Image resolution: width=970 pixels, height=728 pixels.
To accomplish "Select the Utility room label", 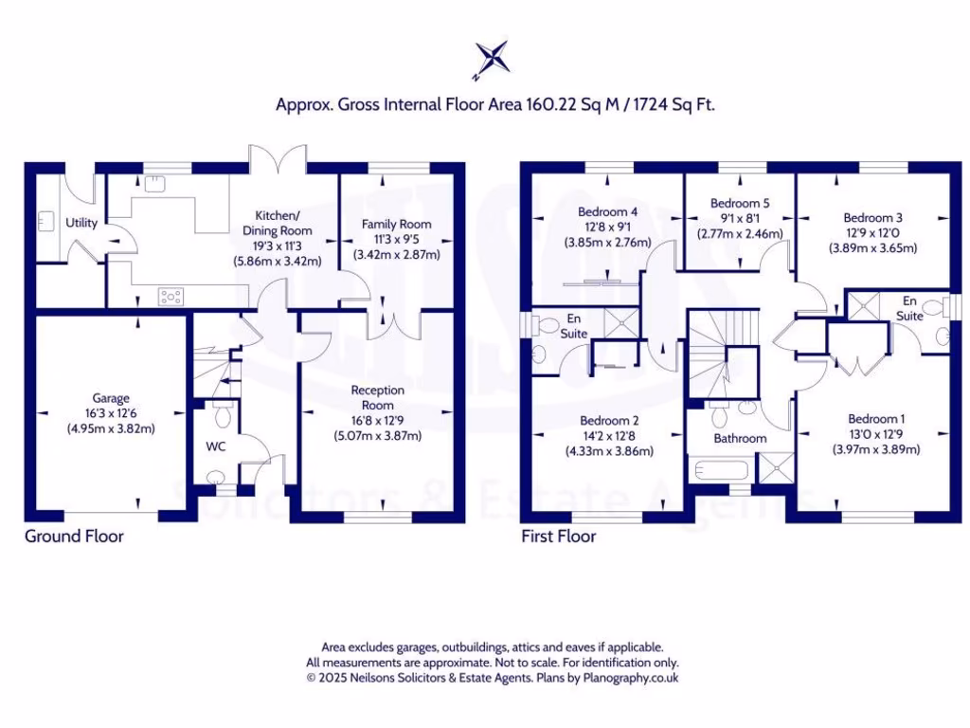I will point(81,223).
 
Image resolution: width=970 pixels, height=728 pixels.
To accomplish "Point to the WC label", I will point(215,446).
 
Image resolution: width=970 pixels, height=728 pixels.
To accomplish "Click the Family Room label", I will point(396,225).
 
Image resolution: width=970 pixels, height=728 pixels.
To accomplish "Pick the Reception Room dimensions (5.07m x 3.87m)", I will point(377,436).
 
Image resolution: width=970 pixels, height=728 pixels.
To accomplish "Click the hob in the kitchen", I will point(171,298).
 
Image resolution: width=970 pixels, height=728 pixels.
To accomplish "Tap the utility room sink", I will point(45,222).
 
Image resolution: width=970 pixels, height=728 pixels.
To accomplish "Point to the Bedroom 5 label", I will point(740,203).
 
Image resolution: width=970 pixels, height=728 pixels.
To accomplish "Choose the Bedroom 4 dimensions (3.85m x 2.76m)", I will point(607,243).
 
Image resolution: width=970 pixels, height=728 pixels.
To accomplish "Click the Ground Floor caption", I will point(74,537).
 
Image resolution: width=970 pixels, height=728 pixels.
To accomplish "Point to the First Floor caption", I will point(558,537).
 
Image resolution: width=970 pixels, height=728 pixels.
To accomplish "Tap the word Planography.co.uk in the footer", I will point(629,678).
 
